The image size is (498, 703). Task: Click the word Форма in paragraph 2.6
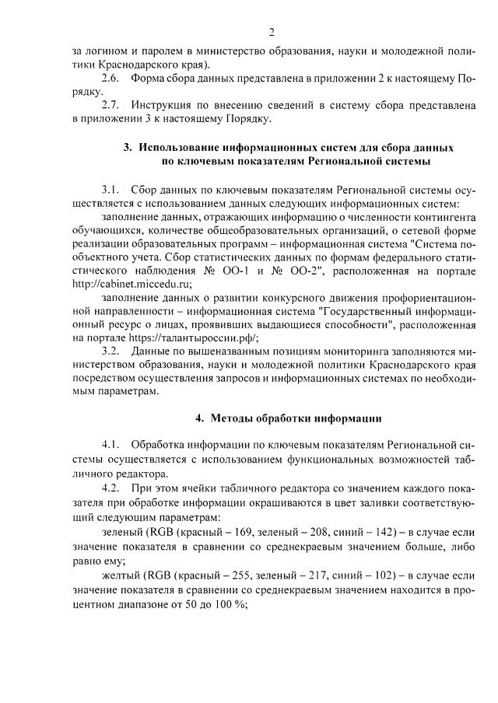click(x=148, y=79)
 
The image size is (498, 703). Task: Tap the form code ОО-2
click(x=318, y=270)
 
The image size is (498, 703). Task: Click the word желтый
click(x=119, y=575)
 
